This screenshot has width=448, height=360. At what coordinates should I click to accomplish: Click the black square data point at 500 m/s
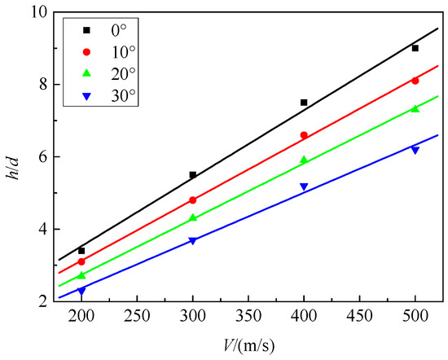(x=415, y=48)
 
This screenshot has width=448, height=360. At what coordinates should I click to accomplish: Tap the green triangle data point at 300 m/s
(x=193, y=217)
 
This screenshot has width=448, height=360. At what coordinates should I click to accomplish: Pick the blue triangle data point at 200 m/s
(x=81, y=290)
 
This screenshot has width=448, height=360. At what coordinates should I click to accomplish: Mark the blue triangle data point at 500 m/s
(x=415, y=150)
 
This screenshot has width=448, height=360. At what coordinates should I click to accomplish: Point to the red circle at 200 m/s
(x=81, y=261)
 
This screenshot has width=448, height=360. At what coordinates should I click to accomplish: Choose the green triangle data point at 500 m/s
(x=415, y=108)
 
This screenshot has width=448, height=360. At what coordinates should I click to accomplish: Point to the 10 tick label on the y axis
(x=40, y=12)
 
